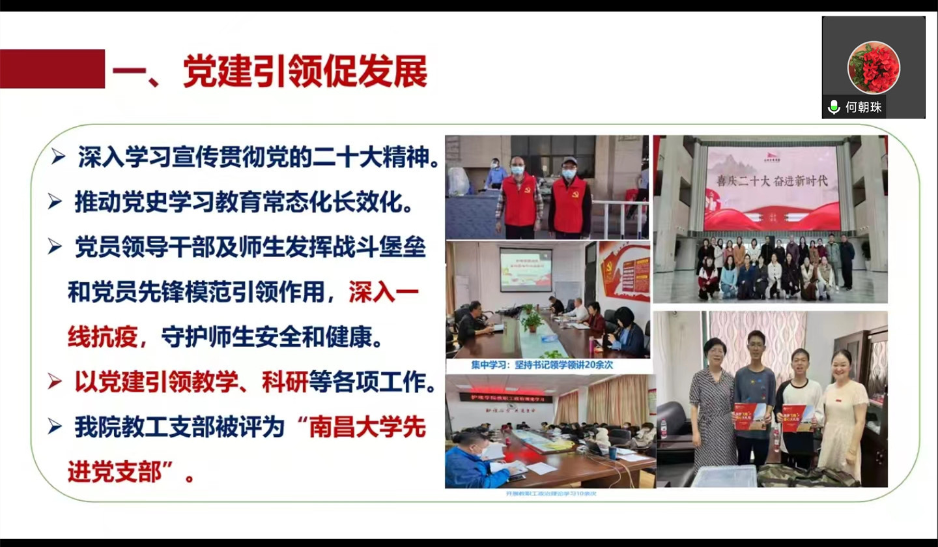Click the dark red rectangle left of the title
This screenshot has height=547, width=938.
[52, 68]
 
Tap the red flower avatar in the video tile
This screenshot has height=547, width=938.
[873, 67]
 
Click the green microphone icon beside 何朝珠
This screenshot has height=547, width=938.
[834, 108]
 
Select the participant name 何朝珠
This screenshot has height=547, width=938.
[863, 108]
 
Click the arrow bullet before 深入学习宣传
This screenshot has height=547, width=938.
[59, 157]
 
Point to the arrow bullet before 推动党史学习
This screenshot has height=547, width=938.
[55, 202]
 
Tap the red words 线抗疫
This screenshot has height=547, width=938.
[103, 337]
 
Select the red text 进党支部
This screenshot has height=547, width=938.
[115, 471]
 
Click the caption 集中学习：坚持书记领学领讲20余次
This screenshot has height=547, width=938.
[542, 366]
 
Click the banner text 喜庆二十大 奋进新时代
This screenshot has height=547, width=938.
[772, 181]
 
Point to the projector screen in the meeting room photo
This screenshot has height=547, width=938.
[525, 269]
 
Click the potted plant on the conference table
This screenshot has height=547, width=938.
[532, 319]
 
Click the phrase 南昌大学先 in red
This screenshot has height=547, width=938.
[367, 428]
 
